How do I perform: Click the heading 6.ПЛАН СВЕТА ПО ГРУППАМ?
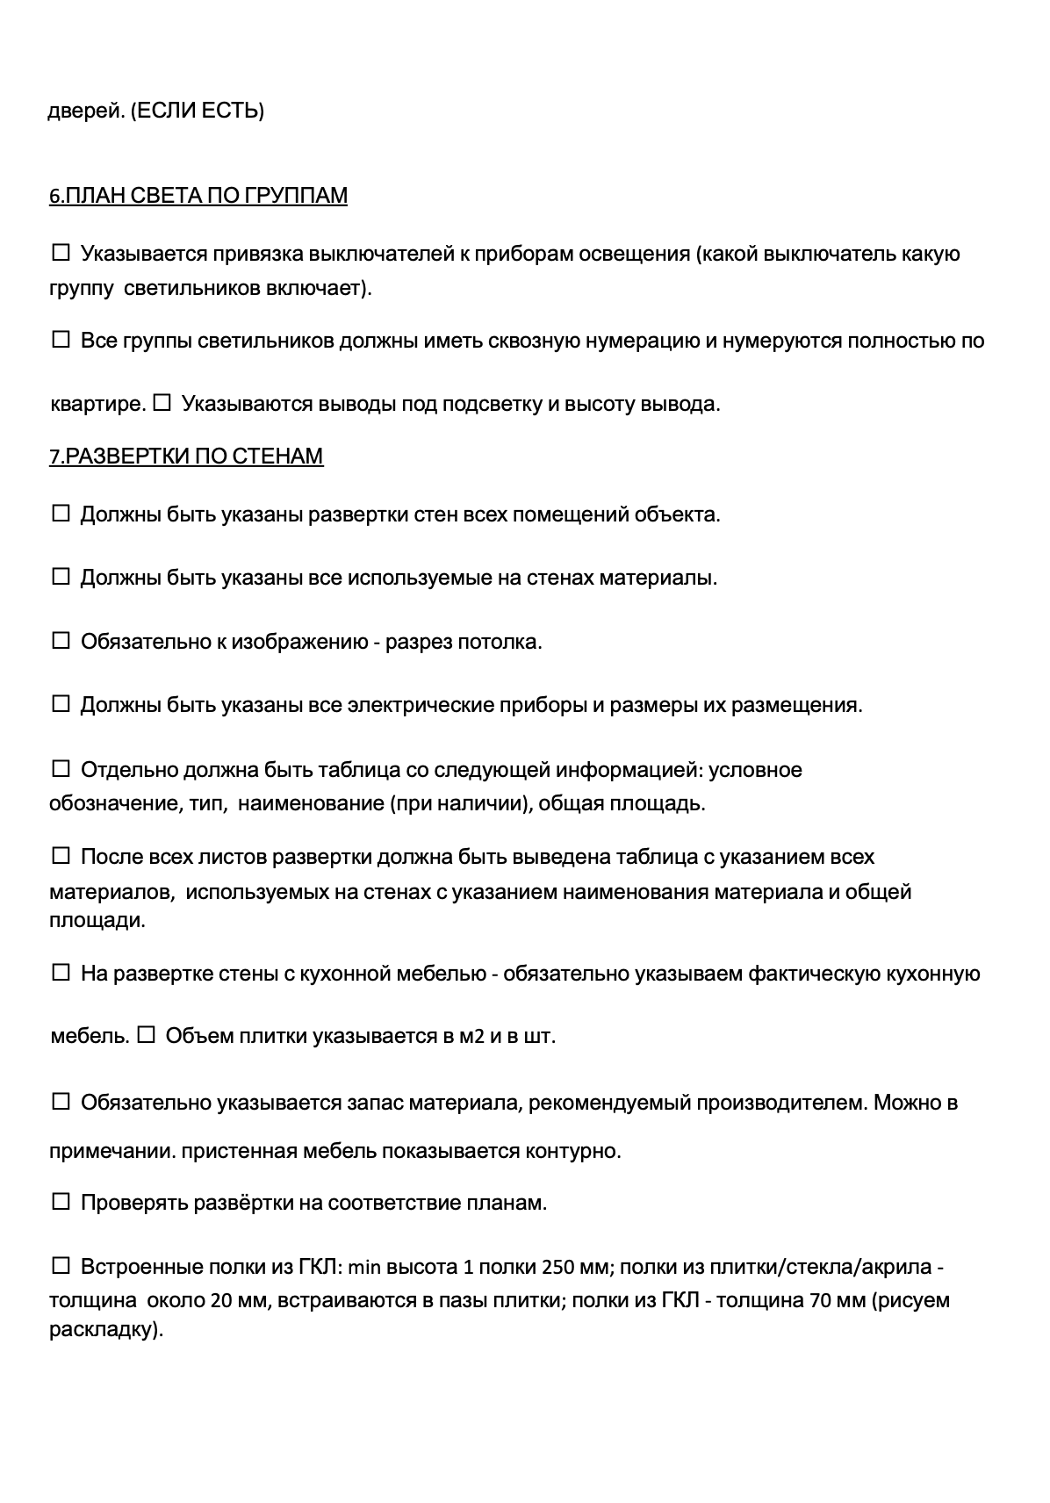coord(198,195)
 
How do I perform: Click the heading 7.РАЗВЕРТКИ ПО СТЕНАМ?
coord(185,456)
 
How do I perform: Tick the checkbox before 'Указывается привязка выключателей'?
coord(61,254)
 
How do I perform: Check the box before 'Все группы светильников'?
coord(61,341)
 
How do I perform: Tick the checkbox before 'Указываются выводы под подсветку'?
coord(162,404)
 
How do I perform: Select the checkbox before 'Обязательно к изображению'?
coord(61,642)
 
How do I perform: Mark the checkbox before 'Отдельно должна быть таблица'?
coord(61,770)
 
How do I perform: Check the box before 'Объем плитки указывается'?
coord(147,1036)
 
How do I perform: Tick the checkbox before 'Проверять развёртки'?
coord(61,1202)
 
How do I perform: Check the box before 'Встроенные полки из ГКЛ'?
coord(61,1266)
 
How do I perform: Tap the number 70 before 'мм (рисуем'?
coord(821,1300)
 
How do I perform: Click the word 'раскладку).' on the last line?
coord(106,1330)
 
